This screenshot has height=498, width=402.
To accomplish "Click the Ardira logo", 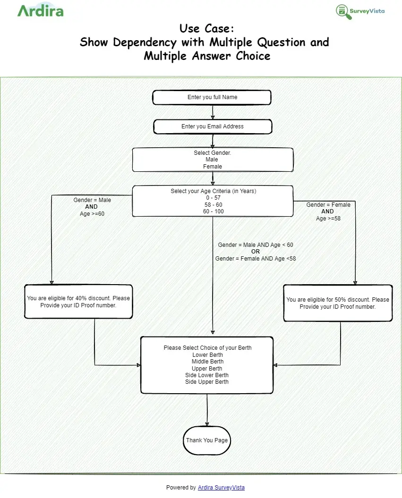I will [x=40, y=10].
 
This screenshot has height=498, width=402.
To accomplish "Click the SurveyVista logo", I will [x=360, y=12].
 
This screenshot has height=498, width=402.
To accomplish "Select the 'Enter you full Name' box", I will [x=212, y=97].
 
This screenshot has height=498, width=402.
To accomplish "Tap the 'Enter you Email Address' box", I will [x=213, y=127].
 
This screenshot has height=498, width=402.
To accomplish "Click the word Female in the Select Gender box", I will [x=213, y=167].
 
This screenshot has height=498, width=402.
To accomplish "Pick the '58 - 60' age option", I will [x=213, y=205].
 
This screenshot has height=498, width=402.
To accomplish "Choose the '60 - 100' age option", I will [x=213, y=211].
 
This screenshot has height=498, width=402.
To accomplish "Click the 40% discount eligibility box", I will [x=78, y=302].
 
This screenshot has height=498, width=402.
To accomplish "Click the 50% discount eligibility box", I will [x=337, y=303].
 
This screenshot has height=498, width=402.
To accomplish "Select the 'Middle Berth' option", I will [x=207, y=362].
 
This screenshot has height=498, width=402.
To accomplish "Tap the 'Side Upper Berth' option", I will [x=207, y=382].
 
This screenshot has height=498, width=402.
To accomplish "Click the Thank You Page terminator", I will [x=207, y=440].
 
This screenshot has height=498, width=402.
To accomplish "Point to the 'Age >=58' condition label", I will [x=327, y=219].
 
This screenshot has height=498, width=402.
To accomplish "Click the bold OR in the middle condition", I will [x=256, y=252].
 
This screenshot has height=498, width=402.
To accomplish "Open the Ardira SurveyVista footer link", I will [x=221, y=487].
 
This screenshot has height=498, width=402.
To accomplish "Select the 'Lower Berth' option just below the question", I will [x=207, y=355].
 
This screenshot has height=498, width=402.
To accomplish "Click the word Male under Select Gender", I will [x=212, y=160].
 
